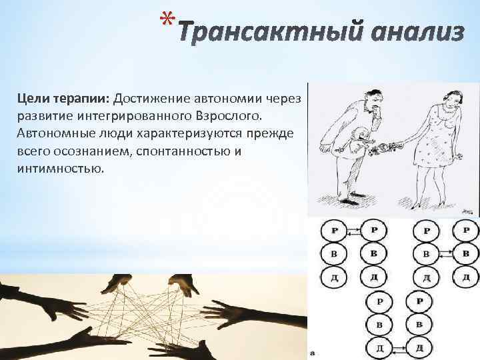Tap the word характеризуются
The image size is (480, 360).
point(193,134)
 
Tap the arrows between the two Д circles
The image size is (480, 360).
point(399,347)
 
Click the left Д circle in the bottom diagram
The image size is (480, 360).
point(378,347)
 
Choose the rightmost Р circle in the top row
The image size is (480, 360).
point(466,231)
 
